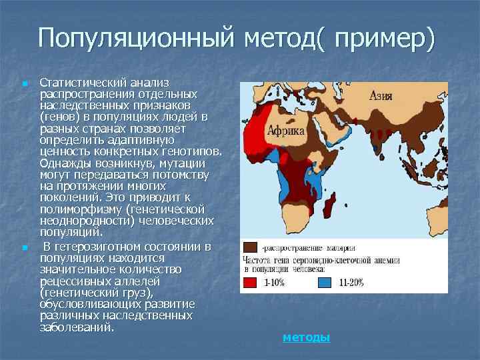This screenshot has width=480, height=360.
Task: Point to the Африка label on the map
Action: click(286, 131)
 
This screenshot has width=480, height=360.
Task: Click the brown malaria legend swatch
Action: click(249, 247)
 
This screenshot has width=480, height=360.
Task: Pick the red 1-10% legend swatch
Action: click(249, 282)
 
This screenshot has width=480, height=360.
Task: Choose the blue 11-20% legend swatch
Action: click(324, 282)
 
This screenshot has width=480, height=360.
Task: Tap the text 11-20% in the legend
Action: click(351, 283)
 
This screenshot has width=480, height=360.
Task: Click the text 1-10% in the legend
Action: click(274, 283)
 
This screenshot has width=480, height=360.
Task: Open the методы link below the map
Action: click(306, 337)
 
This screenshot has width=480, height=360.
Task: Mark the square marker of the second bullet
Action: click(25, 248)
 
